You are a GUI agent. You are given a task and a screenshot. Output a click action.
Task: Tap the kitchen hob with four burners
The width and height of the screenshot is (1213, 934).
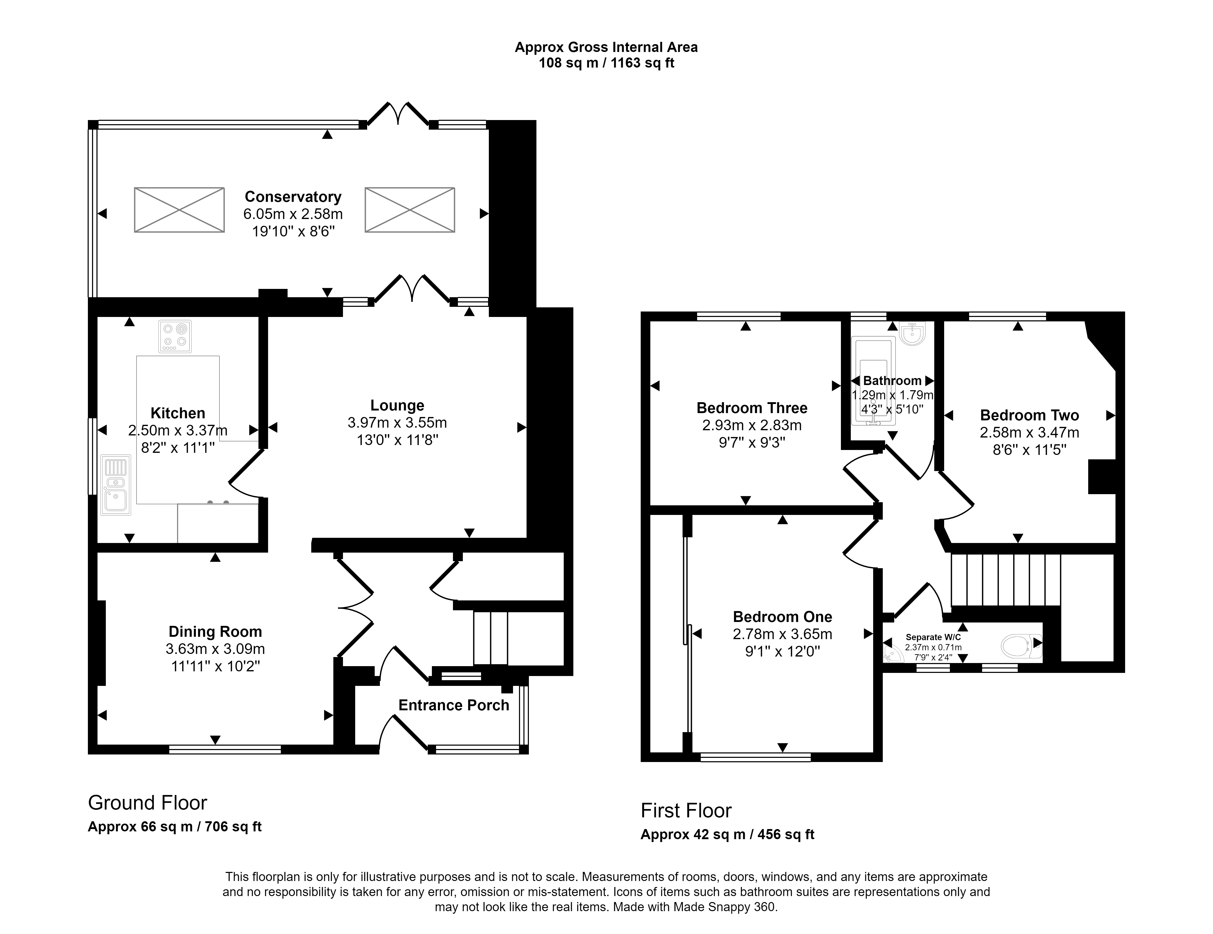[x=175, y=336]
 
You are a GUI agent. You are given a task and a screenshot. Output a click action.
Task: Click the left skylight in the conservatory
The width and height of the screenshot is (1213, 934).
[x=179, y=210]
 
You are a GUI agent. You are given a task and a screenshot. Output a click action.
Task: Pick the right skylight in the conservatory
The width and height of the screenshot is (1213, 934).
[x=410, y=210]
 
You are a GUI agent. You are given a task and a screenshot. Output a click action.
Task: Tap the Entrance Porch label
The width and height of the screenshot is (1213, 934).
[x=454, y=705]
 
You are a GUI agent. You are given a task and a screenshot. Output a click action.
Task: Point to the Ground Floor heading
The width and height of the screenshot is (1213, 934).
[x=148, y=803]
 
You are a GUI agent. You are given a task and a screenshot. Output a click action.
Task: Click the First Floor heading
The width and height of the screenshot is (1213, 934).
[x=686, y=811]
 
